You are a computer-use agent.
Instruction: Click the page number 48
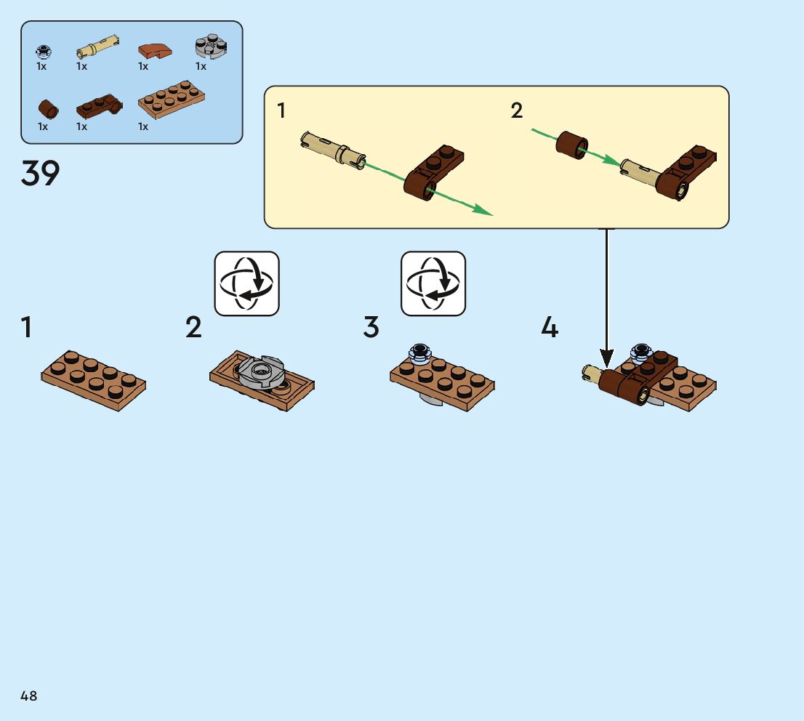coord(29,696)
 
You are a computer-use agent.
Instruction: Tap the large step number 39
coord(41,174)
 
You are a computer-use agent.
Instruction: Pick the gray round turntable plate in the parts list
coord(210,47)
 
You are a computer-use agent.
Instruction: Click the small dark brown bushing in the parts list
coord(49,109)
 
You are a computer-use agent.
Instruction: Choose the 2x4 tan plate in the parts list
coord(171,104)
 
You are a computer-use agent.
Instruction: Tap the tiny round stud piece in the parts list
coord(43,51)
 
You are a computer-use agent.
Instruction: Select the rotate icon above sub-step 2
coord(247,283)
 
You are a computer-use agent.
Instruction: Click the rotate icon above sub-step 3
coord(433,283)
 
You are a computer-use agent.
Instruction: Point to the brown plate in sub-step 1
coord(93,379)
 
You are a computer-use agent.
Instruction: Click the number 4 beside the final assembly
coord(550,328)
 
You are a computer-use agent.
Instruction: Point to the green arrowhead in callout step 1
coord(483,211)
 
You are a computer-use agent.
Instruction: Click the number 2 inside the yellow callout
coord(517,110)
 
